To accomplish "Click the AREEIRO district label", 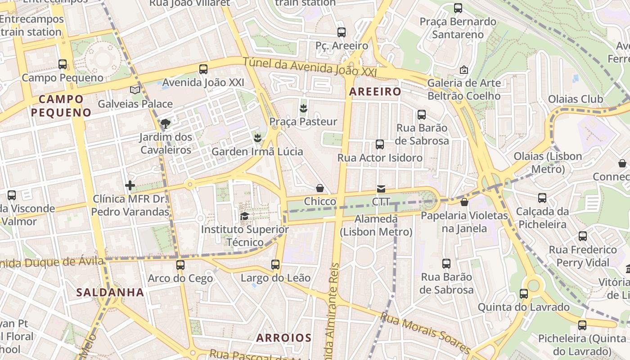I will [x=375, y=92].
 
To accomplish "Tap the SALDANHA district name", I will [x=110, y=292].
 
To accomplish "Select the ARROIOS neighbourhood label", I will [x=284, y=338].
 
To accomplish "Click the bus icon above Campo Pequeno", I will [x=63, y=64].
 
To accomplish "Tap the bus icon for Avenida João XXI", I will [x=203, y=69].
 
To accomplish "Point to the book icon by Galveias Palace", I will [x=135, y=90].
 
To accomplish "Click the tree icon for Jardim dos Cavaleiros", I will [x=166, y=123].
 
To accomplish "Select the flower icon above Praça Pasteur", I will [x=303, y=108].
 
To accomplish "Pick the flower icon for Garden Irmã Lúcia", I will [x=257, y=138].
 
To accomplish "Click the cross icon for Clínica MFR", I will [x=130, y=185].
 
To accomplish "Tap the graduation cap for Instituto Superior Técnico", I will [x=244, y=216].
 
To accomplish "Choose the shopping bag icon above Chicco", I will [x=320, y=188].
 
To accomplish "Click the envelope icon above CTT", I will [x=381, y=189].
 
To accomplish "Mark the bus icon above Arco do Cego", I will [x=180, y=265].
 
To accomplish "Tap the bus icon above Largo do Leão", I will [x=275, y=265].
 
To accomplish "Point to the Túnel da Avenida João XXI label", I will [x=310, y=68].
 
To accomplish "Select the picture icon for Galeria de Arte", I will [x=464, y=70].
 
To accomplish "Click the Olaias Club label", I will [x=575, y=99].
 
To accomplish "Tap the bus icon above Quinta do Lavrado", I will [x=524, y=294].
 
